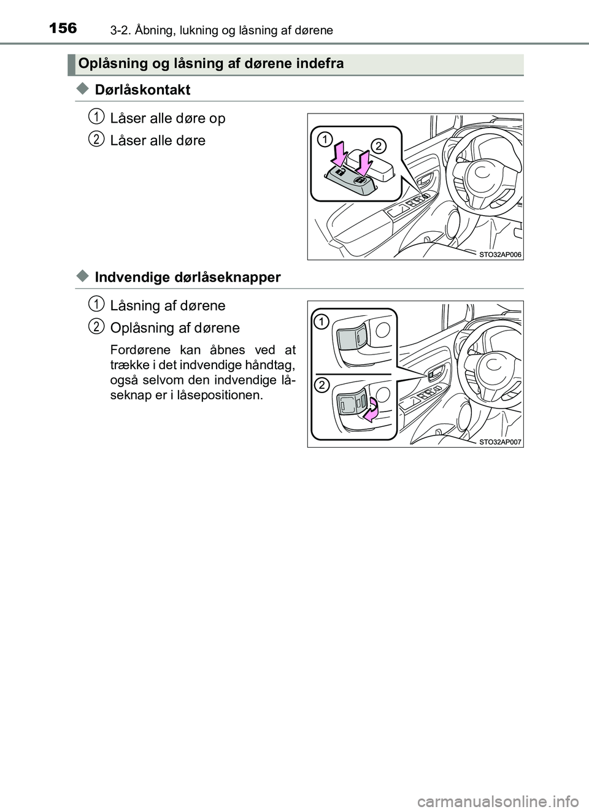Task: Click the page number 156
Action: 63,28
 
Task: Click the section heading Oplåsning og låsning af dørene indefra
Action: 211,63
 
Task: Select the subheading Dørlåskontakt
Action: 142,90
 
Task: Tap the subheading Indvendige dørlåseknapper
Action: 188,277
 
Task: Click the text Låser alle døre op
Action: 168,118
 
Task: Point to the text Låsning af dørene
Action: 168,305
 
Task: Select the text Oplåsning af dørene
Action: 175,328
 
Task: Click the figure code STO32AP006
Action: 500,255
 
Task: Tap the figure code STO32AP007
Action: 500,442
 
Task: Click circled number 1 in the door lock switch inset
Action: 325,139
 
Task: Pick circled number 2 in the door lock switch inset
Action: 378,146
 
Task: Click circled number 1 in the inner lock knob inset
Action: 321,322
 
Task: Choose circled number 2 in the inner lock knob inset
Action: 321,385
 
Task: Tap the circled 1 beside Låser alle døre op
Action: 96,118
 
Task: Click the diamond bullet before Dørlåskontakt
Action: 82,89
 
